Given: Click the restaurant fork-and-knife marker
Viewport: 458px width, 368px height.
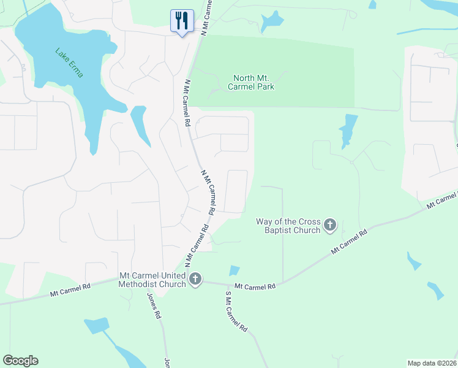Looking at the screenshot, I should click(x=182, y=20).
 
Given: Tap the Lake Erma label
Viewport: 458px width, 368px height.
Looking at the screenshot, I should click(x=69, y=63).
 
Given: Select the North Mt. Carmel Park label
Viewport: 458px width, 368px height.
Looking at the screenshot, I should click(x=253, y=82).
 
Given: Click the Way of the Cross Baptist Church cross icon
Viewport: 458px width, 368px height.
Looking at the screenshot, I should click(x=330, y=225).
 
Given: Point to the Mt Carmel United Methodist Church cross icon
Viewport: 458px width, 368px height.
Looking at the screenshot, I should click(x=195, y=280).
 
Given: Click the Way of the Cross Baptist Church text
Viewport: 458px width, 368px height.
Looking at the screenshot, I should click(x=288, y=226).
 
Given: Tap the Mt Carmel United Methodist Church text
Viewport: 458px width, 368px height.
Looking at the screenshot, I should click(x=152, y=280).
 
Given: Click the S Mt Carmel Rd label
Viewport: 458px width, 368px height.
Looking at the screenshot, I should click(x=236, y=311).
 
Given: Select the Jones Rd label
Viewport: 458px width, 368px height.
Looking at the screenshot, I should click(x=153, y=305).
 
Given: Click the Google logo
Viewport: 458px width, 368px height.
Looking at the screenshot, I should click(x=20, y=361).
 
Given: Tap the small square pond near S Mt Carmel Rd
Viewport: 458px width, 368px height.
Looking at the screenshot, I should click(x=234, y=270).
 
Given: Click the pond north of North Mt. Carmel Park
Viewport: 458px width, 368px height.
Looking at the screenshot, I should click(x=271, y=21).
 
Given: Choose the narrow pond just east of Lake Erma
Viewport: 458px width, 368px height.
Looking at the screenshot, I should click(x=140, y=125).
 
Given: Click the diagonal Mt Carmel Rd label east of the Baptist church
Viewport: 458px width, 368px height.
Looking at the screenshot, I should click(x=349, y=241).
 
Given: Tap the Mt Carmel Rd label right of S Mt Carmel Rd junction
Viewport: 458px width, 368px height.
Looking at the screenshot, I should click(x=255, y=286).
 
